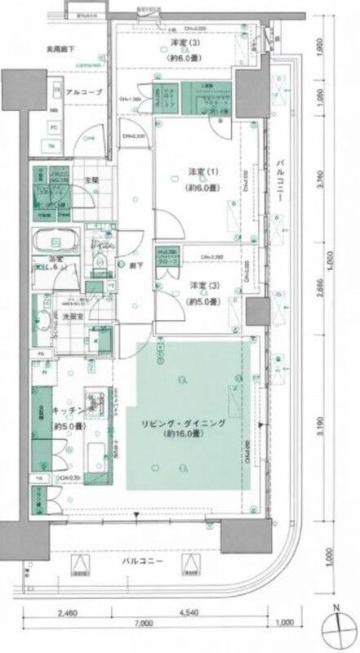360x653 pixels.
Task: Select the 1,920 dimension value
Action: click(x=325, y=47)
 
